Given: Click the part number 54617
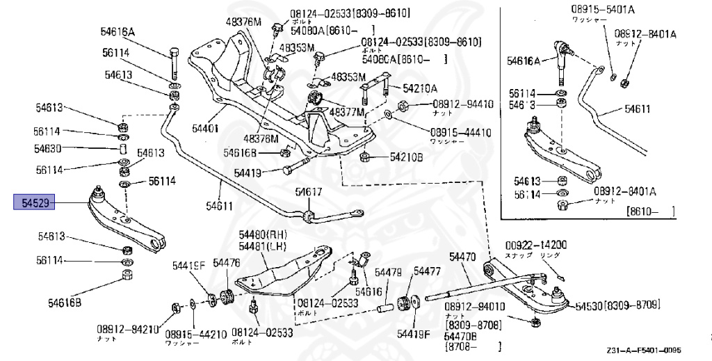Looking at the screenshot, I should tap(308, 192).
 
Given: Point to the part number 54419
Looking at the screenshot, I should tap(248, 173).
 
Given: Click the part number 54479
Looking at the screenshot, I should tap(389, 271).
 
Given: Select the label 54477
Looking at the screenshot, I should tap(427, 271).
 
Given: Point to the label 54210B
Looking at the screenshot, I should tap(407, 157).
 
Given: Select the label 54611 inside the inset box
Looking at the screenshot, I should tap(638, 109).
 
